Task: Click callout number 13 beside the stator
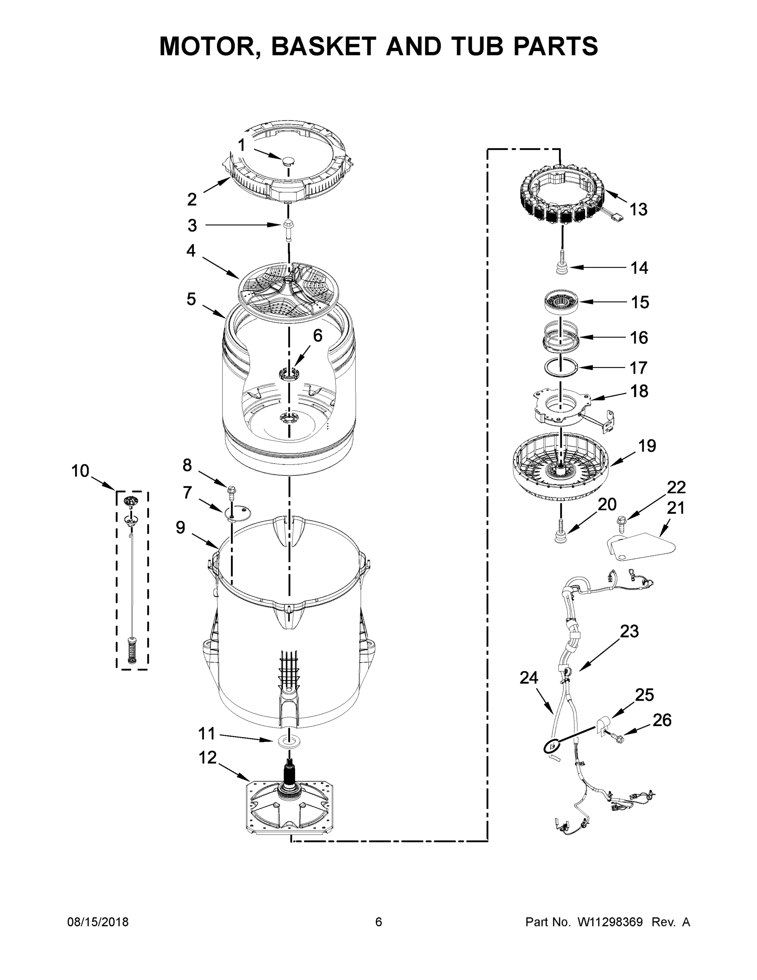pyautogui.click(x=639, y=209)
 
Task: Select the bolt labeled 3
pyautogui.click(x=288, y=229)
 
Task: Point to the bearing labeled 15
pyautogui.click(x=561, y=302)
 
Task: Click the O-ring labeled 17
pyautogui.click(x=561, y=367)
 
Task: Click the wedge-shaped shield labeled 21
pyautogui.click(x=641, y=546)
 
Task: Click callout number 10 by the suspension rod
pyautogui.click(x=80, y=471)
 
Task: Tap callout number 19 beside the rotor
pyautogui.click(x=647, y=445)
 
